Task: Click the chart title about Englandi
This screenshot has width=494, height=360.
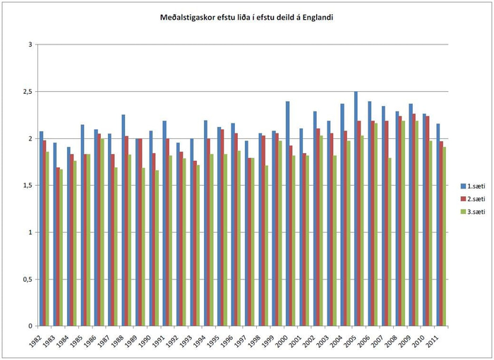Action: coord(246,16)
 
